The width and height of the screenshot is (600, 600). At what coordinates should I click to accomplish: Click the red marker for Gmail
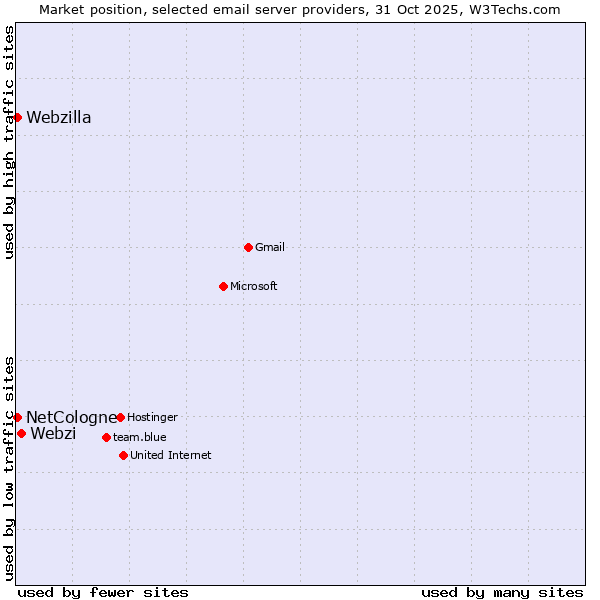[248, 247]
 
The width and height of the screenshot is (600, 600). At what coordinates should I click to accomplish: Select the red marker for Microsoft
[223, 286]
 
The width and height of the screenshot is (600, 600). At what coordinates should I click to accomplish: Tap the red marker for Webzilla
[17, 117]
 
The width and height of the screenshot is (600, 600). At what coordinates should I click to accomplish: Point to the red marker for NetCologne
[17, 417]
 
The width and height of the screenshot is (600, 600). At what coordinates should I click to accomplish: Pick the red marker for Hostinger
[120, 417]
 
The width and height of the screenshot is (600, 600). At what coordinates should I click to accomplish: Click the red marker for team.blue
[106, 437]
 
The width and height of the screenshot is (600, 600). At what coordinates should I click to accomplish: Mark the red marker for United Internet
[123, 455]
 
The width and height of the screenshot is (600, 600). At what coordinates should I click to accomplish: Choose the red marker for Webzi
[21, 433]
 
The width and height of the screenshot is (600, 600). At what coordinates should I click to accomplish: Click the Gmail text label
[270, 248]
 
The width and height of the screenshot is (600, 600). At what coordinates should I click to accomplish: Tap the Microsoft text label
[254, 287]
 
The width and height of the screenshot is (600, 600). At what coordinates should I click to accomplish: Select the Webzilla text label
[59, 118]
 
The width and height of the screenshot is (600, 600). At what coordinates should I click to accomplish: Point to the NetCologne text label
[71, 417]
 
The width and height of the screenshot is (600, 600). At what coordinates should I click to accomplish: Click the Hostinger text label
[152, 417]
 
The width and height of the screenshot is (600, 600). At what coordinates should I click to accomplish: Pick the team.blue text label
[140, 437]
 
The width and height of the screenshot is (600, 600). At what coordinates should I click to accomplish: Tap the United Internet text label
[171, 455]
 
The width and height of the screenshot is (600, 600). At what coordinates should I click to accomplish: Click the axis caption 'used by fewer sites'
[103, 592]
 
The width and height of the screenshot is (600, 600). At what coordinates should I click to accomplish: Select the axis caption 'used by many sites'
[502, 592]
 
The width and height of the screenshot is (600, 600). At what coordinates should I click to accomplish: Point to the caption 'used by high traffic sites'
[10, 142]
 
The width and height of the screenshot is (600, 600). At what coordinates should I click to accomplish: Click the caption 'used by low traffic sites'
[10, 468]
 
